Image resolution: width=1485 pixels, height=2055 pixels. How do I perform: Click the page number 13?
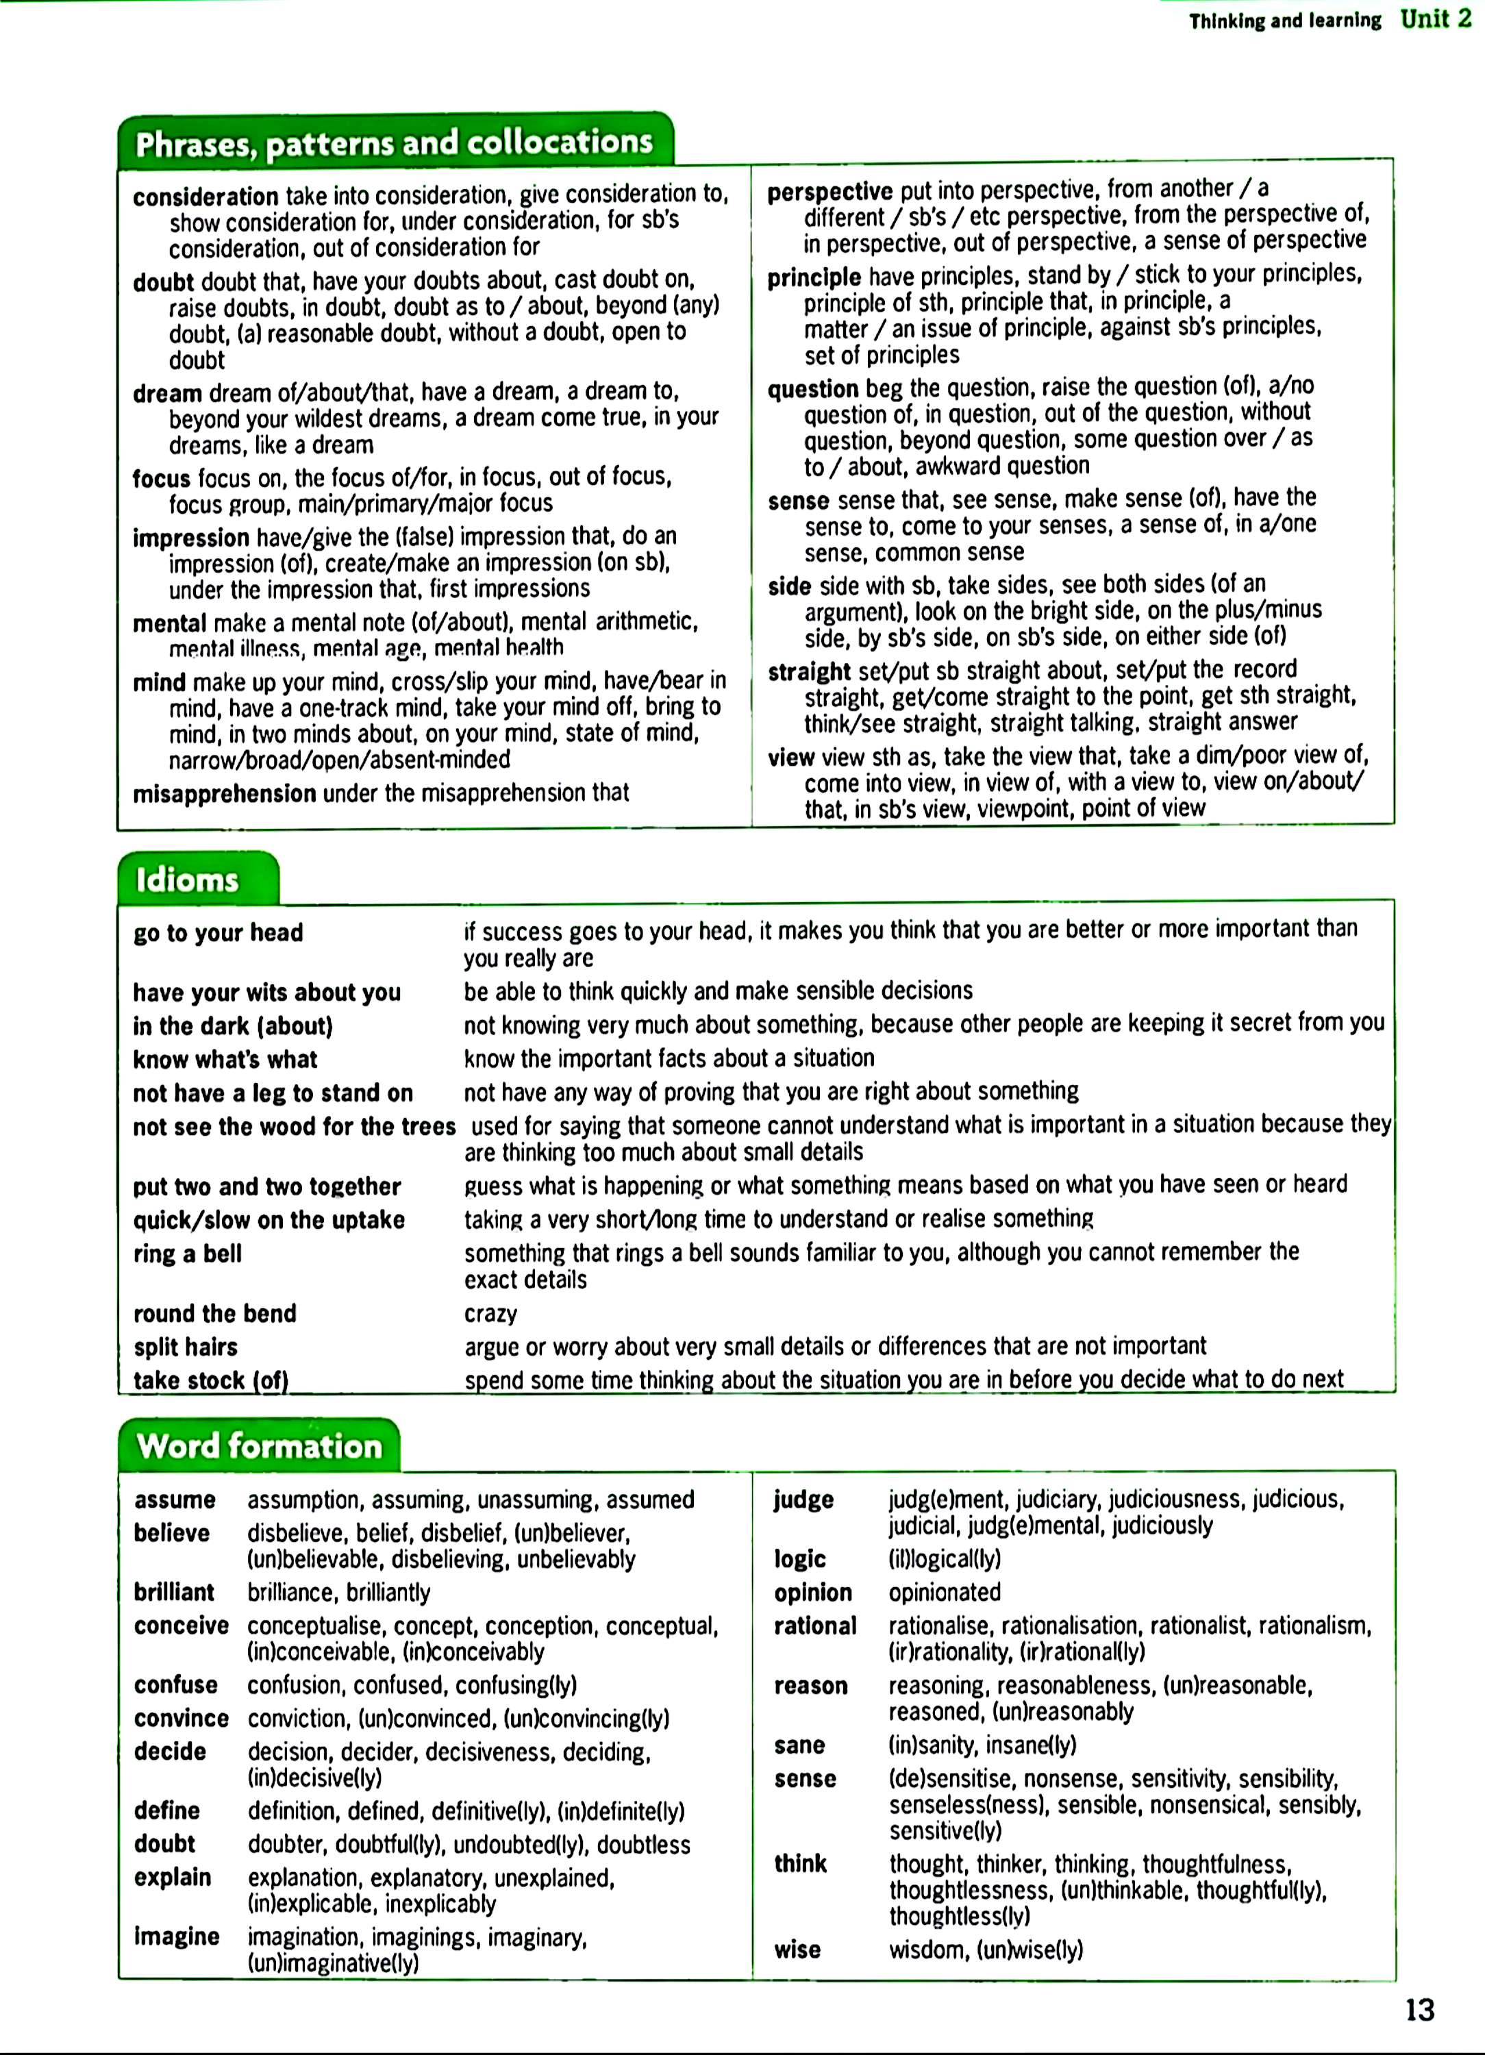coord(1420,2010)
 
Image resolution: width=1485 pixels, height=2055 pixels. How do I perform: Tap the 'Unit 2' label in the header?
coord(1436,19)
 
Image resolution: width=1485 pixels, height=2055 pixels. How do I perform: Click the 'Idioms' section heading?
coord(188,880)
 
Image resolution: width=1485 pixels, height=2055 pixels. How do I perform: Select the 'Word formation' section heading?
coord(260,1445)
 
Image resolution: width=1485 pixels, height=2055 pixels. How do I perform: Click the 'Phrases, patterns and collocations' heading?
coord(394,142)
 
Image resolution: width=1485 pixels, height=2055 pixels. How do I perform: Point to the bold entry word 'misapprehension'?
coord(225,794)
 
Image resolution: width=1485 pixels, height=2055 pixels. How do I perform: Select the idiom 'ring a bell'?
coord(188,1254)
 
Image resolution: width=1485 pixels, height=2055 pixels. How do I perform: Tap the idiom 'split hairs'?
coord(186,1347)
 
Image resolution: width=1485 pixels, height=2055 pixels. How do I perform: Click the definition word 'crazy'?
coord(491,1314)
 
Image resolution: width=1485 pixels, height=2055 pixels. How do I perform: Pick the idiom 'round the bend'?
coord(214,1314)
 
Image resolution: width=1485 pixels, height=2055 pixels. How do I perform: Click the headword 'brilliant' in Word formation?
coord(174,1592)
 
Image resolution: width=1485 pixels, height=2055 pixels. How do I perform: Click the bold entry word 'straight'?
coord(809,671)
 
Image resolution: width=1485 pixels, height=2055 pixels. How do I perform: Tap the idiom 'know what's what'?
coord(225,1059)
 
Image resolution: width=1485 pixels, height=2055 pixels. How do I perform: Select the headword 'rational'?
coord(815,1626)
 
